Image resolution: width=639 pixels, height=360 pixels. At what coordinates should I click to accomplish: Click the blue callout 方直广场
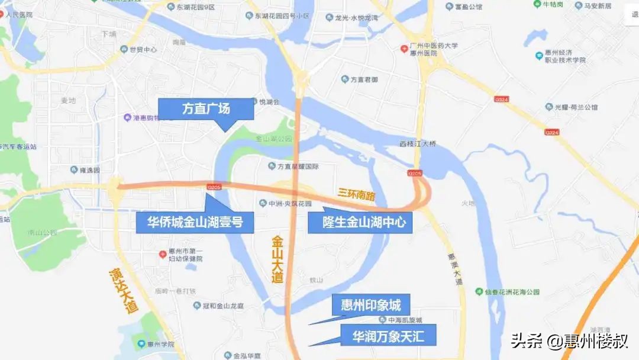[205, 109]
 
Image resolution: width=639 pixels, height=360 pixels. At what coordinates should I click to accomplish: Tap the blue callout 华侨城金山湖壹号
[195, 223]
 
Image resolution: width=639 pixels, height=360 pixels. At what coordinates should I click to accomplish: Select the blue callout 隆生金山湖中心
[359, 223]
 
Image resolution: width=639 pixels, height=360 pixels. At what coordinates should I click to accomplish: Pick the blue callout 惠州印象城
[371, 306]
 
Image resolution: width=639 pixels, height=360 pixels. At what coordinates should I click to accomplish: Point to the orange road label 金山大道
[277, 259]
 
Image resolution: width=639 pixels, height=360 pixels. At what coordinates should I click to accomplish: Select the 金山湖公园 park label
[274, 139]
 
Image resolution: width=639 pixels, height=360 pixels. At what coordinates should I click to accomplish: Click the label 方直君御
[363, 79]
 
